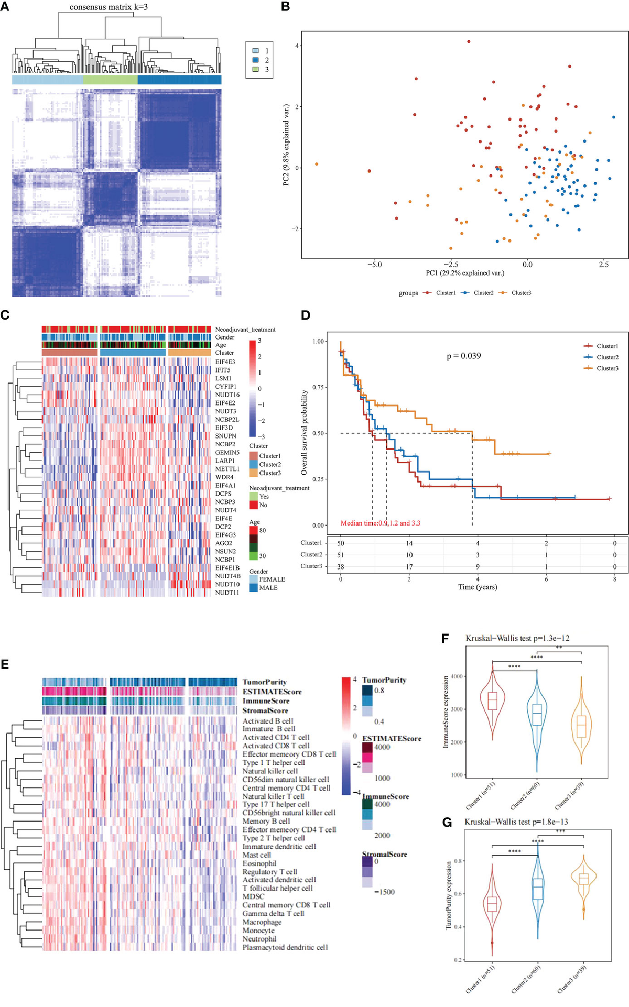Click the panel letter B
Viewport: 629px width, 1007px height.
[286, 7]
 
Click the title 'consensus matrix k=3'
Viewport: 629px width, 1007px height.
[109, 7]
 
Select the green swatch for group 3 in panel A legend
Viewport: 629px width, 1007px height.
[255, 69]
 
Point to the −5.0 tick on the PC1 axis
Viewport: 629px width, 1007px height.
[374, 265]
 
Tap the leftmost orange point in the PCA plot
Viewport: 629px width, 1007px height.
[317, 164]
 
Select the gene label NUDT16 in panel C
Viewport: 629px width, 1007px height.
[227, 395]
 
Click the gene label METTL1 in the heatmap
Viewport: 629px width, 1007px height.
[227, 469]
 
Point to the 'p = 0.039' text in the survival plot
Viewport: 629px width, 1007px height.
[463, 356]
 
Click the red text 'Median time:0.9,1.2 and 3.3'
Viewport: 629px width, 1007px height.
[380, 523]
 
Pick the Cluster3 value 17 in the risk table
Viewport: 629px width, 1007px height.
[409, 566]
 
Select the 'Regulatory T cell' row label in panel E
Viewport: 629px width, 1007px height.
[269, 872]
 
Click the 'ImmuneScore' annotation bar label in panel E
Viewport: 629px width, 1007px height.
[266, 701]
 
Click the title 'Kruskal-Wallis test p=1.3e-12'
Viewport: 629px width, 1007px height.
[517, 638]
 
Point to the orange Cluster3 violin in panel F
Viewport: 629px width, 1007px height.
[581, 725]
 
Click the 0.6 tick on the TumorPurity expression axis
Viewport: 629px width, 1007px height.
[458, 894]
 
